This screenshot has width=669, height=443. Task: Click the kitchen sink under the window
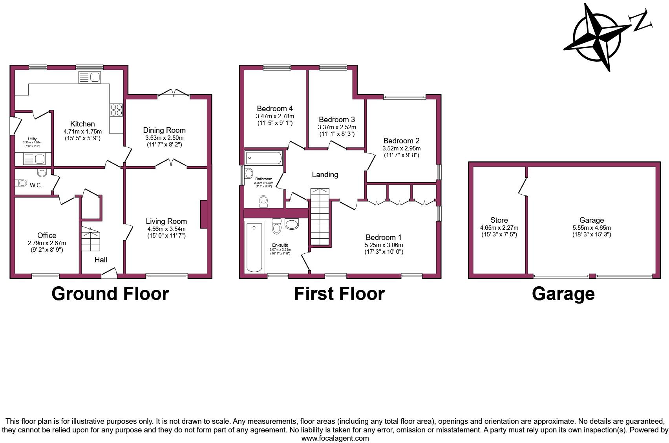click(x=90, y=77)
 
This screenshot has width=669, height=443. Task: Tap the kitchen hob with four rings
click(x=116, y=110)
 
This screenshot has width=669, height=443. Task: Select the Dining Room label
click(x=164, y=130)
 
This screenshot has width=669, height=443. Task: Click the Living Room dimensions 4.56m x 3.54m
click(x=166, y=229)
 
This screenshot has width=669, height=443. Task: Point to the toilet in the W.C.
click(x=21, y=183)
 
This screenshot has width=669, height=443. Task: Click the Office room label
click(x=47, y=236)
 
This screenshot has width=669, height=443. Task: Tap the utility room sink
click(x=35, y=159)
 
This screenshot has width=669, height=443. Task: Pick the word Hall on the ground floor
click(x=101, y=260)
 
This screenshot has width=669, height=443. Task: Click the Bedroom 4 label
click(x=275, y=109)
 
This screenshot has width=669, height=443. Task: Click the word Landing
click(x=325, y=175)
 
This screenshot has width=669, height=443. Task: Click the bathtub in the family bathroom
click(x=264, y=158)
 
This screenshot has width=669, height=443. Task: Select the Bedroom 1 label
click(x=384, y=238)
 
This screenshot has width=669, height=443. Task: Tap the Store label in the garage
click(x=499, y=220)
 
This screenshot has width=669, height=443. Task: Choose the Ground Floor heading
click(x=110, y=294)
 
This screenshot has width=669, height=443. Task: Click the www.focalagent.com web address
click(x=335, y=438)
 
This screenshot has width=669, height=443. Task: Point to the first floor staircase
click(x=320, y=216)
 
